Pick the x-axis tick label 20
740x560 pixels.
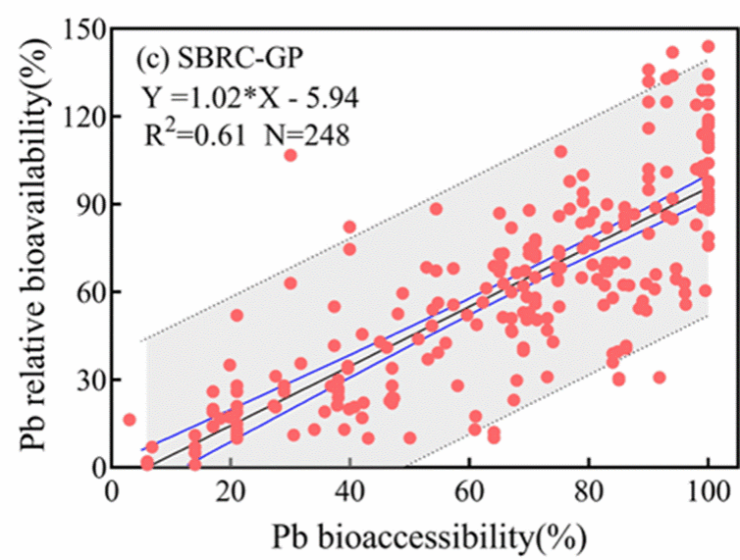(231, 492)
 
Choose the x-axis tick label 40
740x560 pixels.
(350, 492)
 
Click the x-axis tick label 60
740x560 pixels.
(469, 492)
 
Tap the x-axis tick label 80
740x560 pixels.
(589, 492)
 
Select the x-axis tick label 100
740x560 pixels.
(708, 492)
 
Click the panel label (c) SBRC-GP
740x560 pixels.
(220, 60)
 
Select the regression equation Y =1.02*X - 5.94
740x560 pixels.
(250, 98)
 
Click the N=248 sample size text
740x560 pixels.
(307, 136)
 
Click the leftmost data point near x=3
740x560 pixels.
(129, 420)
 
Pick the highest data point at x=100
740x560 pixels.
(708, 46)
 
